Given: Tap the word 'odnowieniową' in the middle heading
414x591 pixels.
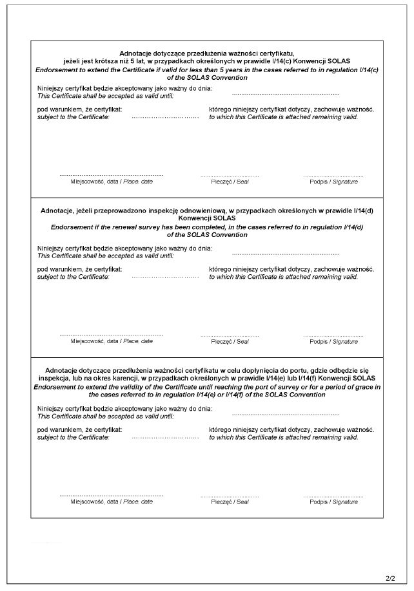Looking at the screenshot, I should [x=221, y=211].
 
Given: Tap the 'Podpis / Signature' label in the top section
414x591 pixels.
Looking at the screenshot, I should [x=333, y=182].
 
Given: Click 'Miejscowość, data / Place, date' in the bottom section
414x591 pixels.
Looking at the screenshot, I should [x=112, y=502].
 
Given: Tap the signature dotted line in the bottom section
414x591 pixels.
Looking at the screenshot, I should [x=333, y=495].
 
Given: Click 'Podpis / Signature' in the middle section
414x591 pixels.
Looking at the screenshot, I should [x=333, y=342].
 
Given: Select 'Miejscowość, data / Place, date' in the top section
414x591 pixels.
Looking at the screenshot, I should [x=112, y=182].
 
